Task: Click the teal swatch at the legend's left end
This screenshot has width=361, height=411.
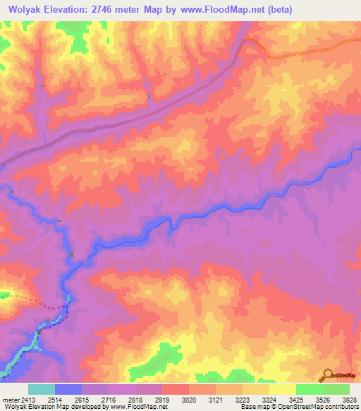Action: pyautogui.click(x=42, y=389)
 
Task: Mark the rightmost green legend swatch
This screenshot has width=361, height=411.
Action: pyautogui.click(x=336, y=389)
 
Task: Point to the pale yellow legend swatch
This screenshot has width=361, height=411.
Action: pyautogui.click(x=283, y=389)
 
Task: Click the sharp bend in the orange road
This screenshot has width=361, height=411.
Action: pyautogui.click(x=245, y=41)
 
